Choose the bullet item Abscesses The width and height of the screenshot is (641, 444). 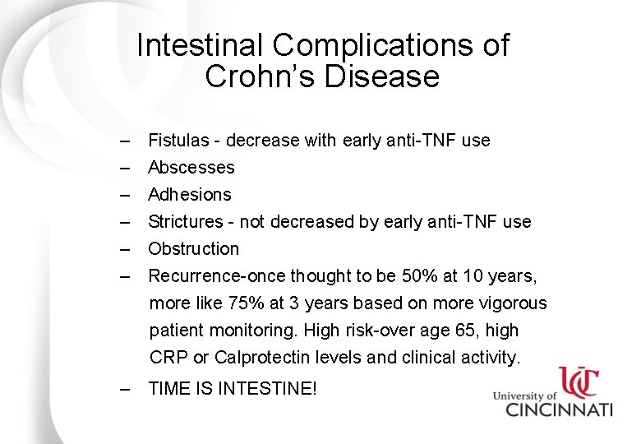click(x=191, y=168)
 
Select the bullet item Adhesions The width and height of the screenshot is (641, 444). click(x=190, y=195)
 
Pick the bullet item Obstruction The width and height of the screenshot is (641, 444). click(x=193, y=249)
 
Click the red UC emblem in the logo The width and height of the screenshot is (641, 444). click(x=579, y=382)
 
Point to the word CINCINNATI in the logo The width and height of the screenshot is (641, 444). click(x=559, y=409)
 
